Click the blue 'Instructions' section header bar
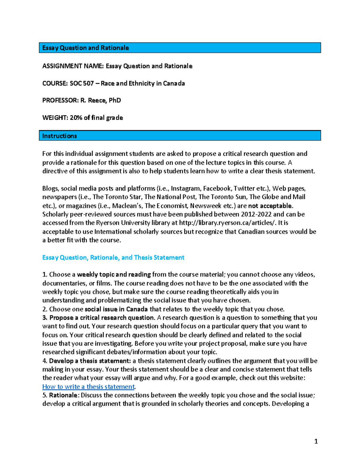pos(180,136)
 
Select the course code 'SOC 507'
pos(82,83)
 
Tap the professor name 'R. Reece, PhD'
pos(100,101)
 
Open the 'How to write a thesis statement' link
pos(88,387)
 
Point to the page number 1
pos(316,441)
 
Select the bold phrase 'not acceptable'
pos(270,206)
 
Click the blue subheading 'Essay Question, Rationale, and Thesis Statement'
pos(113,257)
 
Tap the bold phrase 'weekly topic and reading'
pos(114,275)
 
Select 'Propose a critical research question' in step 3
pos(102,318)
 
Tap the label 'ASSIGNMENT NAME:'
pos(73,66)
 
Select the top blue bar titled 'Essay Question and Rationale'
pos(180,48)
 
